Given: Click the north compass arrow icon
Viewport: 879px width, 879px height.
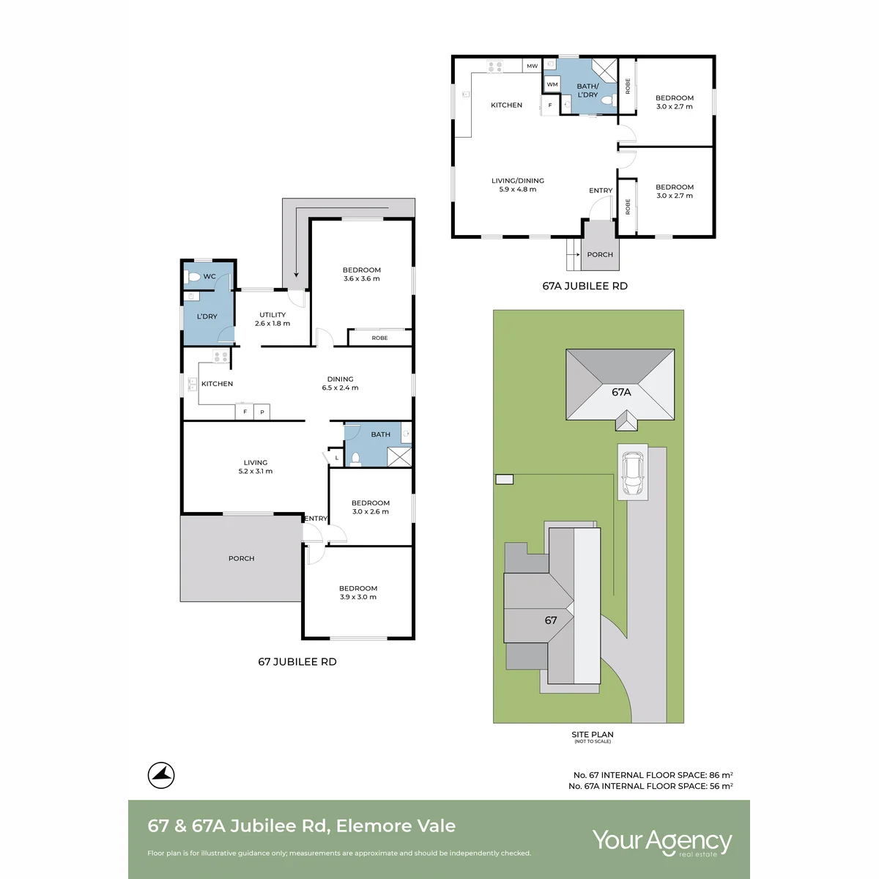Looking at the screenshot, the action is coord(161,775).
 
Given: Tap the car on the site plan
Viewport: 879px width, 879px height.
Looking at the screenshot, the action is coord(632,473).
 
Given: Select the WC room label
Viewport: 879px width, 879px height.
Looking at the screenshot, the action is coord(209,276).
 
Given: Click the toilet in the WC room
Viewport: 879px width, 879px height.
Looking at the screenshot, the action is coord(192,276).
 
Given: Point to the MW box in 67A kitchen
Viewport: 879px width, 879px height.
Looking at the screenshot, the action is coord(533,66).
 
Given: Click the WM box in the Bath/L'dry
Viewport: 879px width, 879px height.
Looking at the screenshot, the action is coord(552,84).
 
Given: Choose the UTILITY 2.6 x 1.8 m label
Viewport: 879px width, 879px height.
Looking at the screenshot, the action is coord(272,319).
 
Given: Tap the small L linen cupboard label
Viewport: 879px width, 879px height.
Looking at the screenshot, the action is coord(337,458).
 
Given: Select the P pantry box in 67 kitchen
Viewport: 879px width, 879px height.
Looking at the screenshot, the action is coord(262,412).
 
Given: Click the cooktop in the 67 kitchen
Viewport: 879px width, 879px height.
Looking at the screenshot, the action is coord(220,356).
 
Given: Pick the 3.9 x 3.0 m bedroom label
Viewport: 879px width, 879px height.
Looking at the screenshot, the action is coord(358,593).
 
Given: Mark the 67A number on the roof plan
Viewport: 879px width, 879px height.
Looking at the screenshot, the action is coord(621,392).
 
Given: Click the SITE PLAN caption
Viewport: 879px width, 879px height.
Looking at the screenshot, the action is coord(593,735).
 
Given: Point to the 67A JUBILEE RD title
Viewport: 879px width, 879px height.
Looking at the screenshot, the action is coord(585,286).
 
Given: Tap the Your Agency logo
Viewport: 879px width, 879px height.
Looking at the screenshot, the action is coord(662,842).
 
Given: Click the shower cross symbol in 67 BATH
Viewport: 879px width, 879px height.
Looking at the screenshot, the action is coord(399,457).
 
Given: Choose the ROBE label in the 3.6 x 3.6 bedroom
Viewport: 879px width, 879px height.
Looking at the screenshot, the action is coord(379,338).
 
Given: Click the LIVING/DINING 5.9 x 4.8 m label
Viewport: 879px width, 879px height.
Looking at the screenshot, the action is coord(518,185).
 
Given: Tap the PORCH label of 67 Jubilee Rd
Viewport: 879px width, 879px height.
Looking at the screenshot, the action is coord(241,558).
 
